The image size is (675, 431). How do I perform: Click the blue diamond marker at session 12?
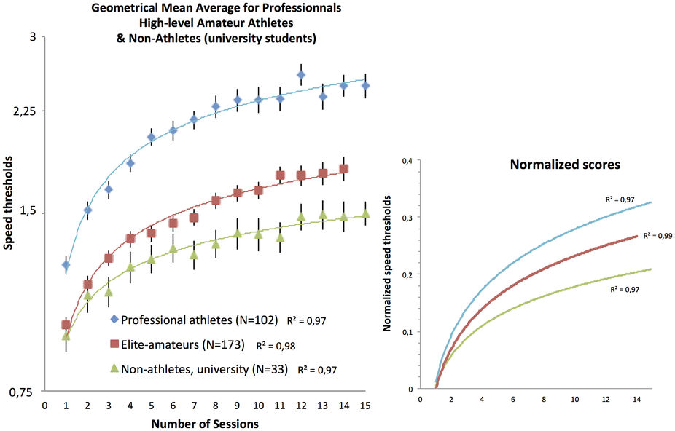301,74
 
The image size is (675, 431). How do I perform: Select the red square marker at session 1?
66,325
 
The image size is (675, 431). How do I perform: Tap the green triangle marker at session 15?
366,213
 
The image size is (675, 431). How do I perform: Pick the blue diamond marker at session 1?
66,264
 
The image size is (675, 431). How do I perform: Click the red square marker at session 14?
343,169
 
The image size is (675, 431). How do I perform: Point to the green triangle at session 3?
109,293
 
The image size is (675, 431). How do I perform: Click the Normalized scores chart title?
564,165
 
